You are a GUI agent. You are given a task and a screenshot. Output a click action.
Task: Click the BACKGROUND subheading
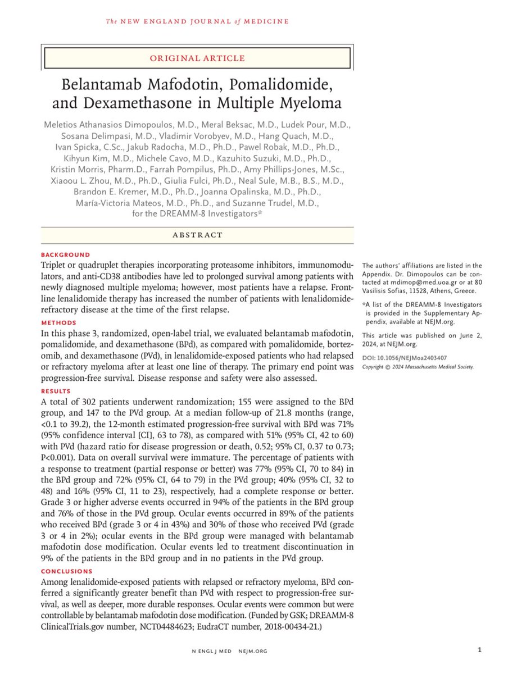pyautogui.click(x=65, y=254)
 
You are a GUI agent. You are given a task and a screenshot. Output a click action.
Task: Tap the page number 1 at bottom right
pyautogui.click(x=479, y=650)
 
